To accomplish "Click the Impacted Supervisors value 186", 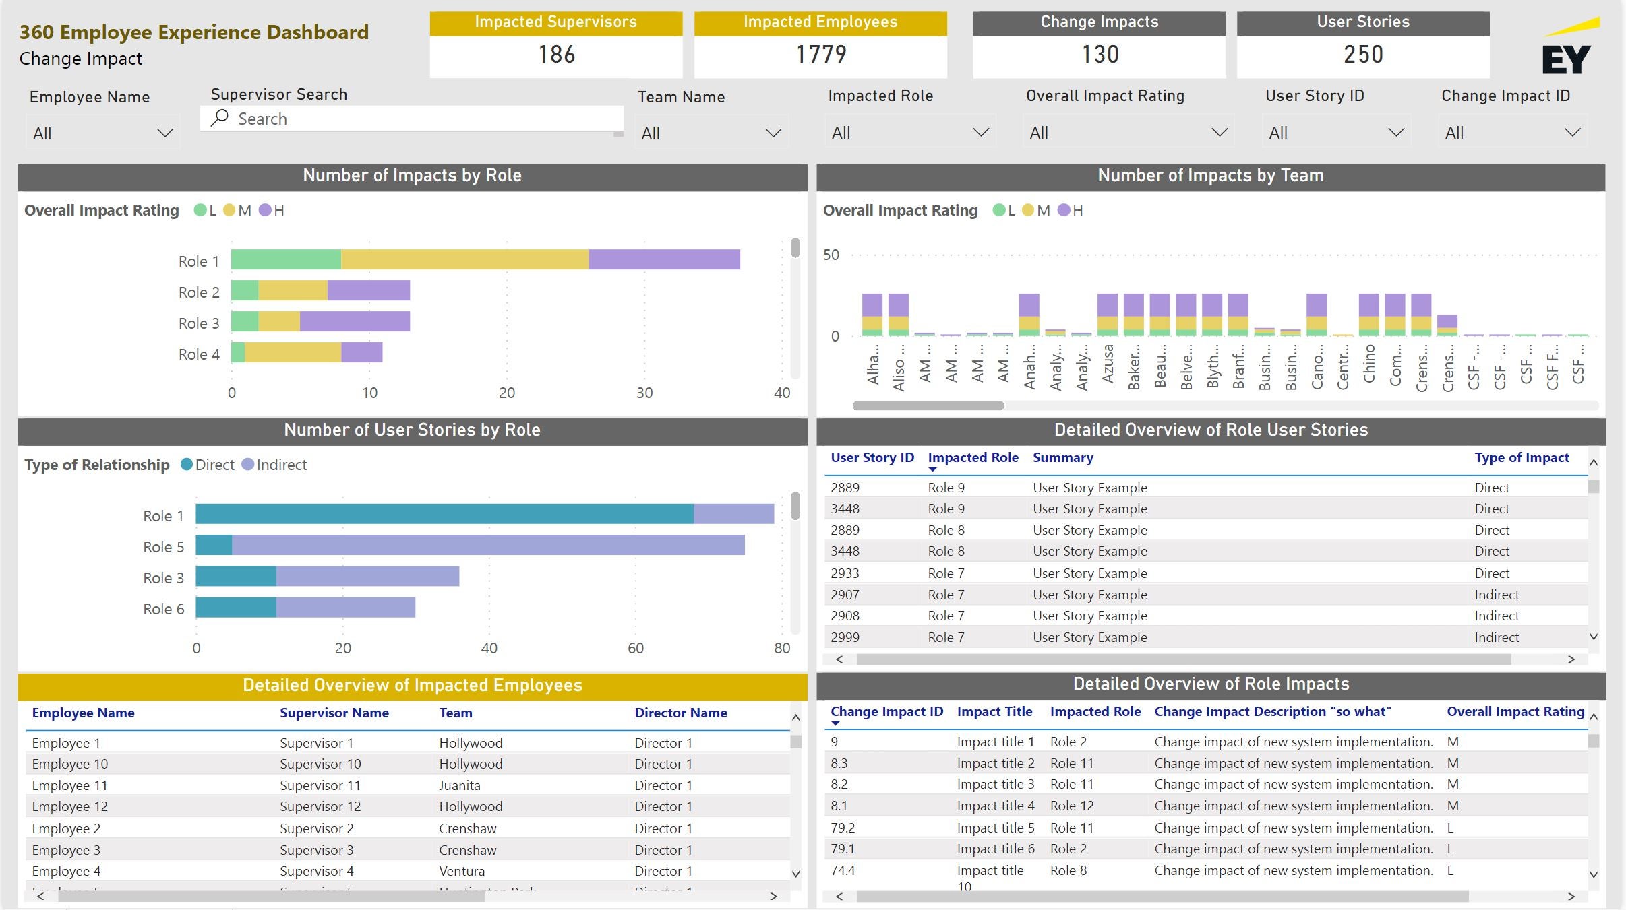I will pyautogui.click(x=556, y=55).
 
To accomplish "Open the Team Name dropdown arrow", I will pyautogui.click(x=773, y=133).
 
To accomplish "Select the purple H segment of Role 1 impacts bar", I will pyautogui.click(x=664, y=260).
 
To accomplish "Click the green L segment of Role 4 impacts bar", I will pyautogui.click(x=238, y=352).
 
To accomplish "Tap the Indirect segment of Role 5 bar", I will pyautogui.click(x=488, y=546).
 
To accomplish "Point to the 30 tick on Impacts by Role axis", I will pyautogui.click(x=644, y=393).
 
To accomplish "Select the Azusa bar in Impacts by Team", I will pyautogui.click(x=1107, y=315).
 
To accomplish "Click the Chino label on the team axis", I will pyautogui.click(x=1368, y=364).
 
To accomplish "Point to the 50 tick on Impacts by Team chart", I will pyautogui.click(x=831, y=255).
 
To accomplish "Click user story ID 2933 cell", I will pyautogui.click(x=845, y=573).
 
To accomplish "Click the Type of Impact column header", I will pyautogui.click(x=1522, y=458).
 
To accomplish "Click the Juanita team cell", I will pyautogui.click(x=460, y=785).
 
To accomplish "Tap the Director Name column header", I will pyautogui.click(x=680, y=713).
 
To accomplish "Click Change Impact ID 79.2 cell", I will pyautogui.click(x=843, y=828).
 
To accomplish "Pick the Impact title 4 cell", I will pyautogui.click(x=995, y=806).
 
